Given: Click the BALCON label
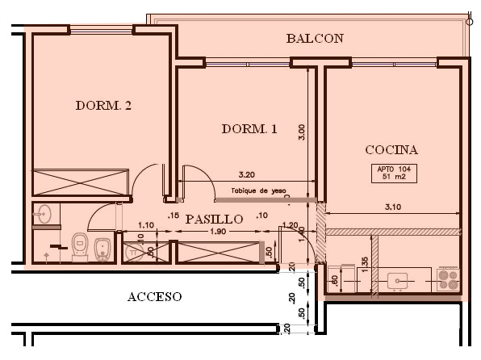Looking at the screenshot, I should tap(315, 38).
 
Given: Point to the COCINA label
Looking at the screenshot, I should tap(391, 149).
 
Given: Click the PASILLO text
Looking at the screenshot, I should tap(214, 219).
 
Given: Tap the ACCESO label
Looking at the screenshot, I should tap(154, 296).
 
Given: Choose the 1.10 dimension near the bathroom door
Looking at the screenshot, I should tap(146, 225).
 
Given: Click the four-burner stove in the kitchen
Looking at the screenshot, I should tap(449, 279).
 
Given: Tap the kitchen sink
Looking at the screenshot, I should tap(399, 281).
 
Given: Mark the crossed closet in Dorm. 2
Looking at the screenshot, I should tap(81, 182).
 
